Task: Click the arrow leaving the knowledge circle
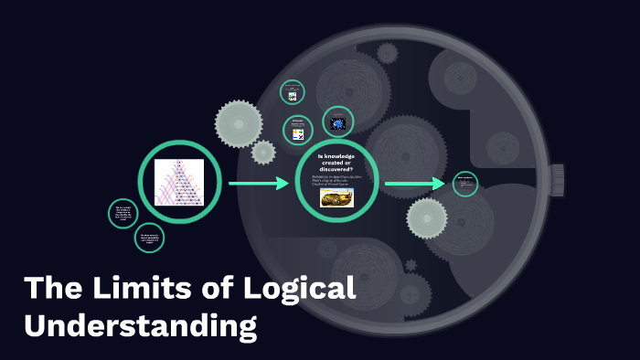[414, 184]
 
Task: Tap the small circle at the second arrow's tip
[465, 184]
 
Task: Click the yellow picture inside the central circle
[336, 198]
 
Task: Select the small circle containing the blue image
[337, 122]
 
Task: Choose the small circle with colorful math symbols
[297, 131]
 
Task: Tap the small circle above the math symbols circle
[293, 93]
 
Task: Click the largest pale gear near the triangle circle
[239, 122]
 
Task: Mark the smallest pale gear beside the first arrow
[263, 152]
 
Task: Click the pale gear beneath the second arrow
[427, 217]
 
